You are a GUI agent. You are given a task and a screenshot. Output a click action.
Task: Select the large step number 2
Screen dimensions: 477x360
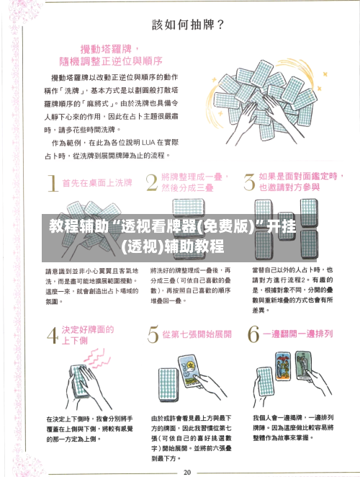tap(152, 182)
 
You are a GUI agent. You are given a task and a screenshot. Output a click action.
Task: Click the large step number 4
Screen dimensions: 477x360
tap(52, 337)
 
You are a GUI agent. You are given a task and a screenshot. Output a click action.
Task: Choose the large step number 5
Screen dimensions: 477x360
tap(153, 334)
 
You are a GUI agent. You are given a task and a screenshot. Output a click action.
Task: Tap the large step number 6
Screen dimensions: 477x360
tap(253, 334)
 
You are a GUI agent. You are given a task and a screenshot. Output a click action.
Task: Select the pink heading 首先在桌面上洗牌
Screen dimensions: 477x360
tap(98, 183)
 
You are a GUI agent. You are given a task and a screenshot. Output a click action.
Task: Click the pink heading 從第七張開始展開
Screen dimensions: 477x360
tap(197, 335)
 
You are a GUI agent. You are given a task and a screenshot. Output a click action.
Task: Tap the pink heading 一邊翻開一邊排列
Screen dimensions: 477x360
tap(297, 335)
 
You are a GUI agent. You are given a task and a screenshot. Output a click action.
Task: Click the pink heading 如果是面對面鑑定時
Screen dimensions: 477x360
tap(297, 176)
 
